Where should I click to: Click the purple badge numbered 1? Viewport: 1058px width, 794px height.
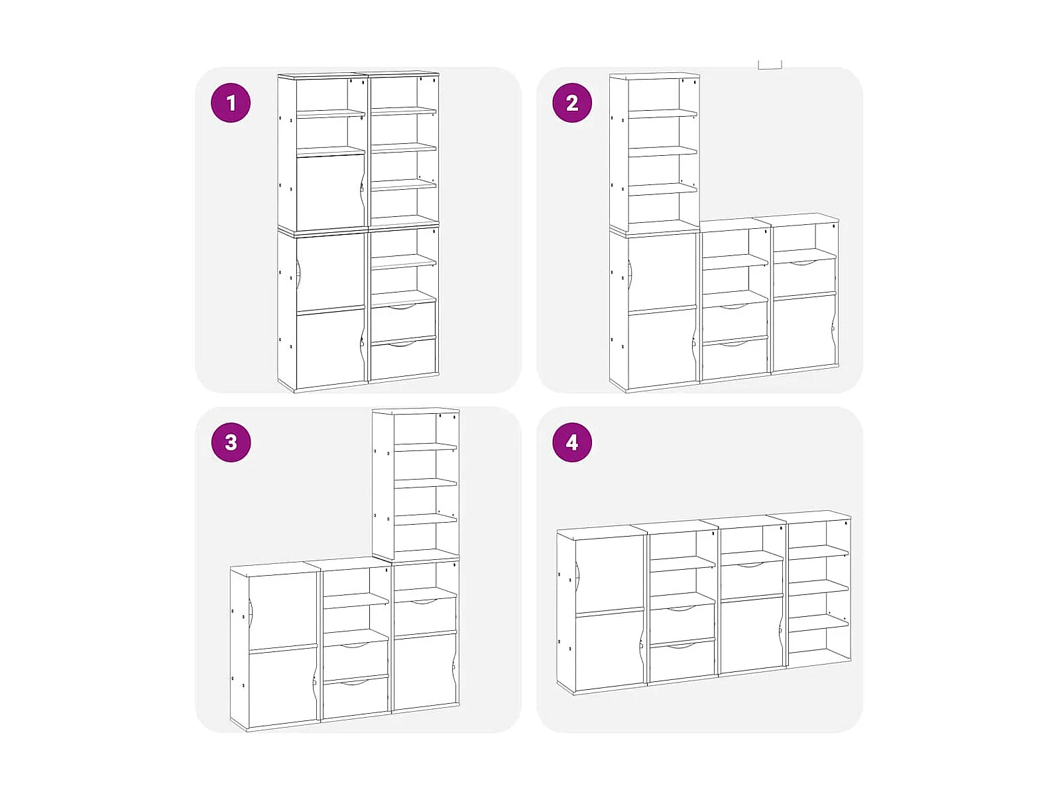pos(231,103)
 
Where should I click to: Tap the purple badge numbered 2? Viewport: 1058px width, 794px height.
pos(572,103)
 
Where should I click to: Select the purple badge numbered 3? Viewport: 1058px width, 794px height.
pos(231,442)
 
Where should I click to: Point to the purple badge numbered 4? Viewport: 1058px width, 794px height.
pos(572,442)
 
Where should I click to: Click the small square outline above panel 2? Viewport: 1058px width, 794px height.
pos(770,64)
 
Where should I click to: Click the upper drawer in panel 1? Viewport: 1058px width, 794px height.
pos(404,320)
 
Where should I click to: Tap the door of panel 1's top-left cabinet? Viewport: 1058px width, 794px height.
pos(329,192)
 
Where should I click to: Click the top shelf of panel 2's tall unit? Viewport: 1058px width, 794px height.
pos(663,114)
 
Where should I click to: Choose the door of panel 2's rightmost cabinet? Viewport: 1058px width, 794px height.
pos(803,332)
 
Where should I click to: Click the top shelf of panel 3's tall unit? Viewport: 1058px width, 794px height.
pos(426,447)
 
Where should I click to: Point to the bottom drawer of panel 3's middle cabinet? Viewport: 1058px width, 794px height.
pos(356,697)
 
